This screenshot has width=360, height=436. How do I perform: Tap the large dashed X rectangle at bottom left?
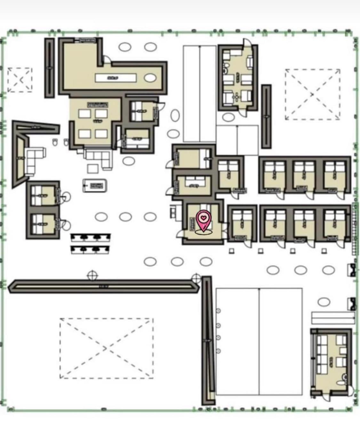tap(106, 348)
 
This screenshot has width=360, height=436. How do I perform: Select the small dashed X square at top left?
tap(20, 80)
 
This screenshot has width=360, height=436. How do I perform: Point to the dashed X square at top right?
tap(312, 94)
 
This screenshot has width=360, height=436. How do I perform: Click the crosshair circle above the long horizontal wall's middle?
tap(92, 275)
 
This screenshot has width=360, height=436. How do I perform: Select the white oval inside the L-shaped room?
tap(150, 78)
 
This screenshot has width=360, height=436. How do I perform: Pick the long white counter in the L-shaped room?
tap(115, 78)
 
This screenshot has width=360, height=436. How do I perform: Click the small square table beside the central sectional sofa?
tap(93, 168)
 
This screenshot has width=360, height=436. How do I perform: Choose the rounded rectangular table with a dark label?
tap(95, 185)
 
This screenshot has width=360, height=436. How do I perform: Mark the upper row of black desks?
tap(91, 237)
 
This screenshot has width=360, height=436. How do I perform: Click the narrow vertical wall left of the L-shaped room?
tap(49, 68)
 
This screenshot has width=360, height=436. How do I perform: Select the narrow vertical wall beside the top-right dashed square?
tap(266, 117)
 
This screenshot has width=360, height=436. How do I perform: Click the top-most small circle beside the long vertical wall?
tap(218, 311)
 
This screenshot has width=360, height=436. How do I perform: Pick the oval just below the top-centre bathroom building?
tap(228, 117)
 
